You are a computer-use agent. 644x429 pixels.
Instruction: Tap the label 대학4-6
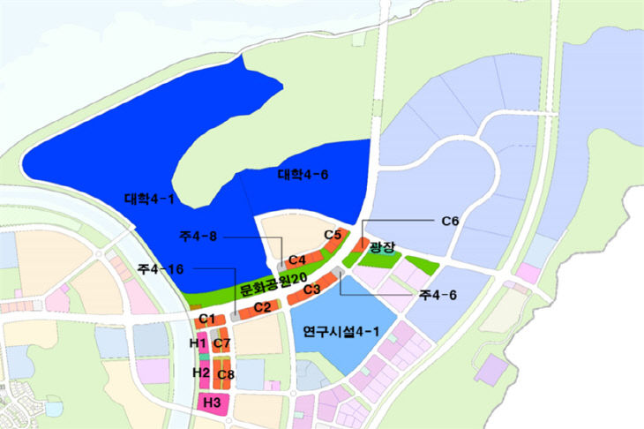point(303,175)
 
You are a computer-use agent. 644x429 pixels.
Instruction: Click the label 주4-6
point(438,295)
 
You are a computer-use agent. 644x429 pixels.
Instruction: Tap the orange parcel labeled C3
point(311,289)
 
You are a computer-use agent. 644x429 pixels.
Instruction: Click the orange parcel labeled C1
point(208,319)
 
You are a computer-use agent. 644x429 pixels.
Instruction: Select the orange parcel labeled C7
point(221,343)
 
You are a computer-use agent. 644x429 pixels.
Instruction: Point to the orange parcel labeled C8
point(225,373)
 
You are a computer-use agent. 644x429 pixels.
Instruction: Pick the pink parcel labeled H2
point(202,373)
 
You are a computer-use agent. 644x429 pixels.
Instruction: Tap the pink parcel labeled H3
point(212,403)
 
